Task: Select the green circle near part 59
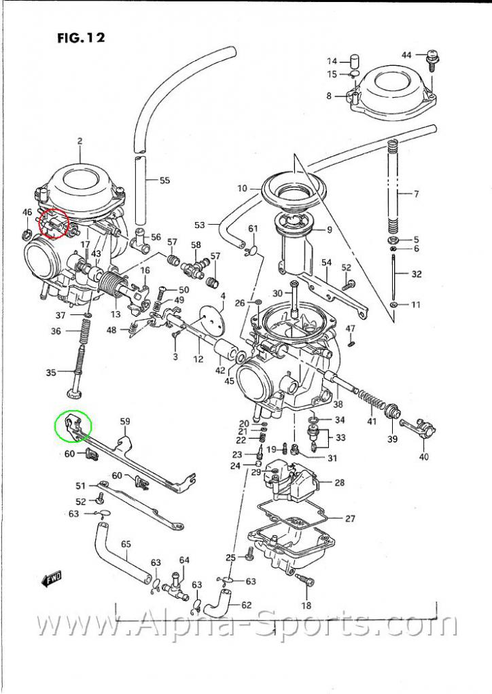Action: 73,426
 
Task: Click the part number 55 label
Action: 164,181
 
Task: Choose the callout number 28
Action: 340,483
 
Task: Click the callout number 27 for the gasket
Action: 350,519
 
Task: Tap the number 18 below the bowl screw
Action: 306,606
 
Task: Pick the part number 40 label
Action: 424,456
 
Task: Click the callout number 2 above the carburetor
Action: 80,141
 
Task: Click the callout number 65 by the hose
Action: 126,544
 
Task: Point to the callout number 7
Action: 416,194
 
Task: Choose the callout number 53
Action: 199,225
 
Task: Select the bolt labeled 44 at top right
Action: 430,61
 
